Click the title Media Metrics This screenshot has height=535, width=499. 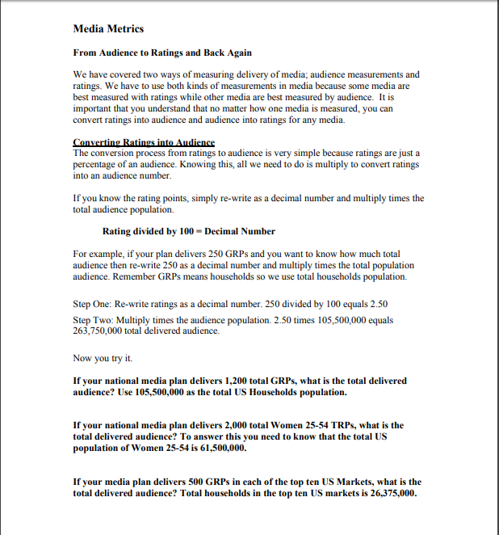[x=108, y=29]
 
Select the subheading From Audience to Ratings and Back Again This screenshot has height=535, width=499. [x=162, y=53]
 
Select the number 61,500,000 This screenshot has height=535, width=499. [x=216, y=447]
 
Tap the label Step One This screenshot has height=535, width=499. [x=92, y=304]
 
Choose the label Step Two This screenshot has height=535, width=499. [x=93, y=320]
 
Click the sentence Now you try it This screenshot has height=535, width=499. [x=103, y=357]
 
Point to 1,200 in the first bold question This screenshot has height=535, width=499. [x=237, y=380]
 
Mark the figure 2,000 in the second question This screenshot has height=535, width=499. [x=237, y=424]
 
